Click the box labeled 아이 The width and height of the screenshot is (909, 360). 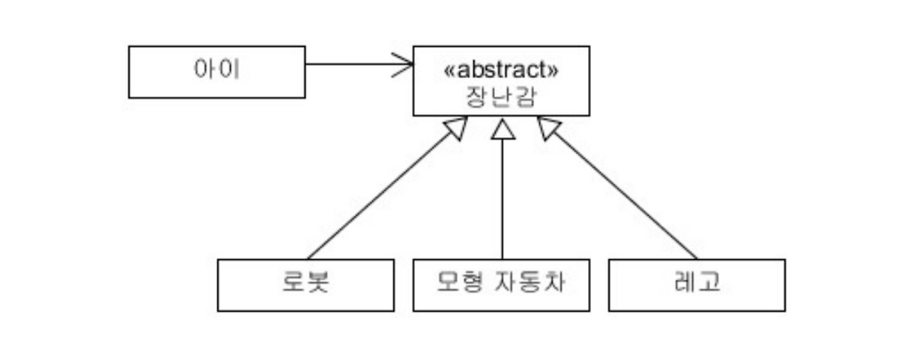(217, 72)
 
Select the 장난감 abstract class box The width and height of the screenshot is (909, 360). (501, 81)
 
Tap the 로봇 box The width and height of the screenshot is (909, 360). (305, 285)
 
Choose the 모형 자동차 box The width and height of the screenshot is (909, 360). (501, 285)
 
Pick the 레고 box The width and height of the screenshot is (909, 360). (697, 285)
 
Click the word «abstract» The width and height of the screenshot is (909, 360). (501, 70)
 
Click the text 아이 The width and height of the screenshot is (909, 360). (217, 71)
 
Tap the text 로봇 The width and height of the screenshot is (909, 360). (305, 283)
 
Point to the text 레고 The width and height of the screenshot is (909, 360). (697, 283)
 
